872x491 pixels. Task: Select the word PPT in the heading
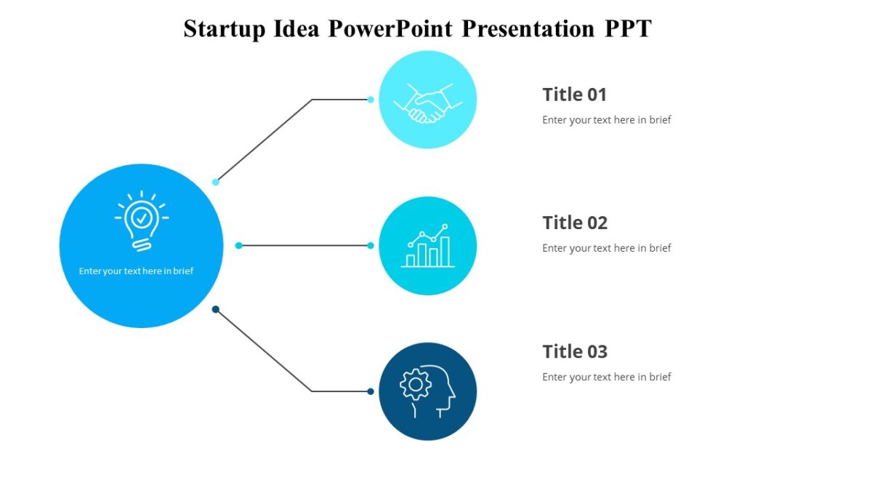point(628,29)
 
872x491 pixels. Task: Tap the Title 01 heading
point(574,95)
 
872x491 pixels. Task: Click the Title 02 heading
point(574,223)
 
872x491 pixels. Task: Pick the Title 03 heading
point(574,351)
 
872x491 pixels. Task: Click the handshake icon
point(427,103)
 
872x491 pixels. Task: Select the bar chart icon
point(427,247)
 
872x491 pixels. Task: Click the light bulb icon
point(141,220)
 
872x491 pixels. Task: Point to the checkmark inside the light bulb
point(141,216)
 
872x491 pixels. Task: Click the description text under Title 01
point(606,120)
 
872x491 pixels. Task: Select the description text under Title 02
point(606,248)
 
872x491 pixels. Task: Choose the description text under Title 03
point(606,377)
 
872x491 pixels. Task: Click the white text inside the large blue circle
point(136,271)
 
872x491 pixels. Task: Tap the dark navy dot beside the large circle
point(215,310)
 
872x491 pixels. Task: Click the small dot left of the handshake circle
point(371,100)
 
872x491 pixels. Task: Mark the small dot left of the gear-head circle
point(371,391)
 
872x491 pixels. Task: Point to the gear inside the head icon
point(416,384)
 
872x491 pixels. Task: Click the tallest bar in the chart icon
point(445,252)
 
